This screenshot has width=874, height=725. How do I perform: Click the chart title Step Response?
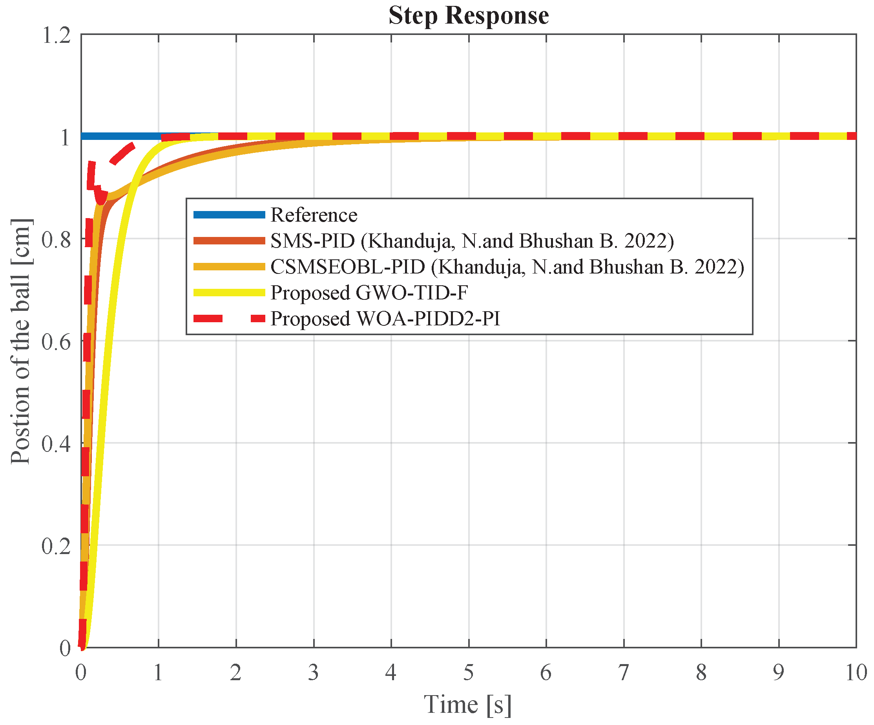[x=469, y=16]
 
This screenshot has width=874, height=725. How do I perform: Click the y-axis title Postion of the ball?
[x=21, y=341]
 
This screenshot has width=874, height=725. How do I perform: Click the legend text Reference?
[x=314, y=215]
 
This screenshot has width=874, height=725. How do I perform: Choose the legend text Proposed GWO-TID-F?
[x=369, y=292]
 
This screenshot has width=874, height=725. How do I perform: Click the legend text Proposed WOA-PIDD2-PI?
[x=385, y=319]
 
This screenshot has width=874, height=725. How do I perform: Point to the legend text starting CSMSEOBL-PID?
[x=507, y=267]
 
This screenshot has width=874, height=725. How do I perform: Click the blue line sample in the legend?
[x=229, y=215]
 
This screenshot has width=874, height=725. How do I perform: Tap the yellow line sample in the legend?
[x=229, y=292]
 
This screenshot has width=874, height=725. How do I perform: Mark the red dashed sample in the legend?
[x=229, y=319]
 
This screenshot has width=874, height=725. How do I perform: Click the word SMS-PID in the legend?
[x=312, y=241]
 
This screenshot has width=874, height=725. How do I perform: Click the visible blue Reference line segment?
[x=121, y=136]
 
